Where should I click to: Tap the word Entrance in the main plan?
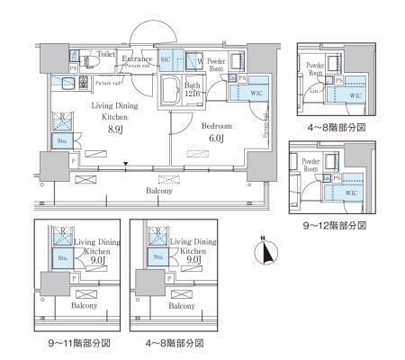[x=138, y=58]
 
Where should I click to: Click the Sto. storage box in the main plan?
[x=61, y=141]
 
